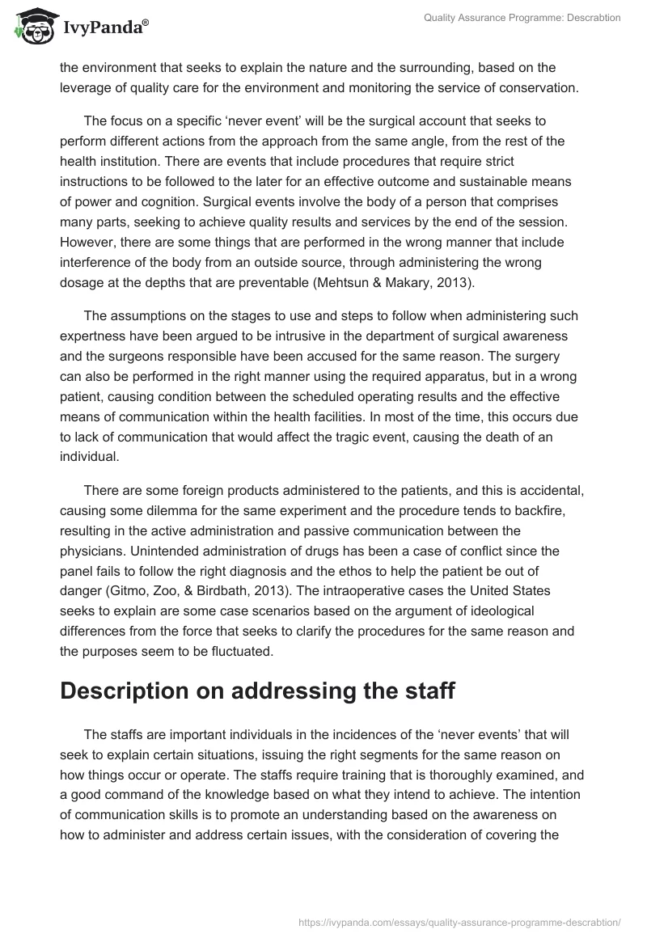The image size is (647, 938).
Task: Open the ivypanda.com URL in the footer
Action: (x=459, y=922)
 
